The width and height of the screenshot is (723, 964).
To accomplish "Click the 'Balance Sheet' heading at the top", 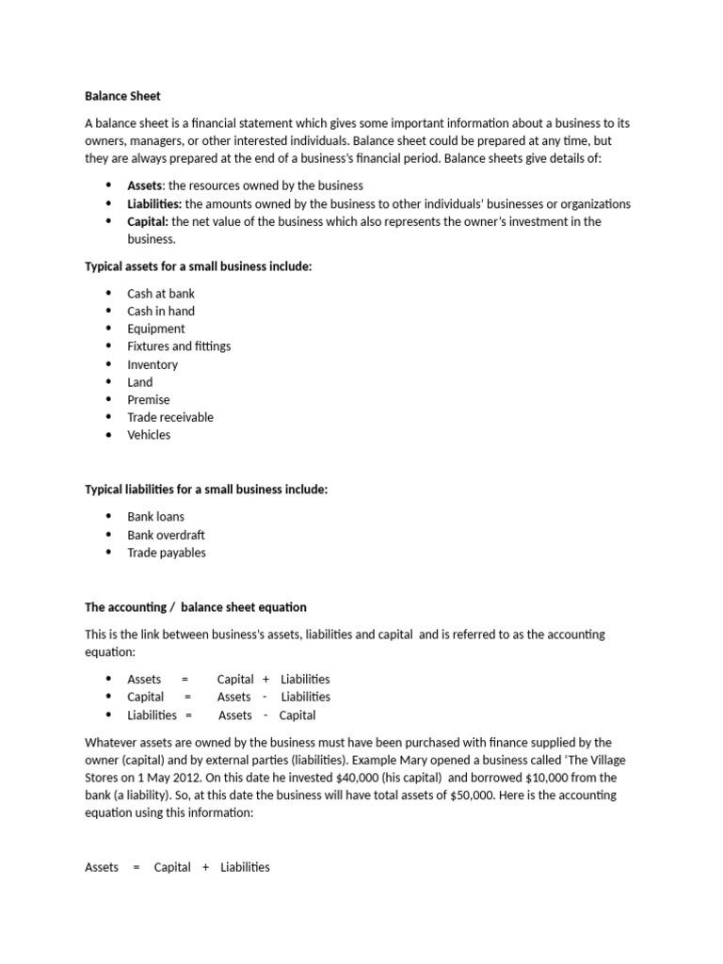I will pyautogui.click(x=122, y=96).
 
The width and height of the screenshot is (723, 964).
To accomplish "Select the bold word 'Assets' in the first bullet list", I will pyautogui.click(x=145, y=185).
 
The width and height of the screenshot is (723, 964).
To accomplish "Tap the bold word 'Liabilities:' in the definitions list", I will pyautogui.click(x=155, y=203).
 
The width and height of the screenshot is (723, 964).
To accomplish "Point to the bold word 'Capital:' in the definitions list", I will pyautogui.click(x=148, y=221).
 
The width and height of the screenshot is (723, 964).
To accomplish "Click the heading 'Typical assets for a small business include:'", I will pyautogui.click(x=198, y=266).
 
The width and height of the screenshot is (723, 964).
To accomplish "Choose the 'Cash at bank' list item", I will pyautogui.click(x=161, y=293).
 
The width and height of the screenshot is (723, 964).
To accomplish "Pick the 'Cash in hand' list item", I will pyautogui.click(x=161, y=311).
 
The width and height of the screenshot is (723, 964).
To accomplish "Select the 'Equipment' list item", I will pyautogui.click(x=156, y=329).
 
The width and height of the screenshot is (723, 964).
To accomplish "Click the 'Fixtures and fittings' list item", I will pyautogui.click(x=179, y=346).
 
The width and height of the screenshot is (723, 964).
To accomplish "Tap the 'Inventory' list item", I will pyautogui.click(x=153, y=364).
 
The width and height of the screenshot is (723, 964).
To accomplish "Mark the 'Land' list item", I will pyautogui.click(x=140, y=382).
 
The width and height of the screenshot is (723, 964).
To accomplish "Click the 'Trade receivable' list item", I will pyautogui.click(x=170, y=417).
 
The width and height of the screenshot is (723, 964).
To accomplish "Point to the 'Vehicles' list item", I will pyautogui.click(x=150, y=435).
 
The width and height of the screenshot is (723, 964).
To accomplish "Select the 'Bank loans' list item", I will pyautogui.click(x=156, y=516).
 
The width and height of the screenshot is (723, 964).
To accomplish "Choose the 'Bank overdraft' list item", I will pyautogui.click(x=166, y=535).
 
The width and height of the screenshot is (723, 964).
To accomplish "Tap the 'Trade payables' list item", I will pyautogui.click(x=167, y=553).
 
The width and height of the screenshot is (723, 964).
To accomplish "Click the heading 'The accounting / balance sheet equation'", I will pyautogui.click(x=196, y=607).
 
